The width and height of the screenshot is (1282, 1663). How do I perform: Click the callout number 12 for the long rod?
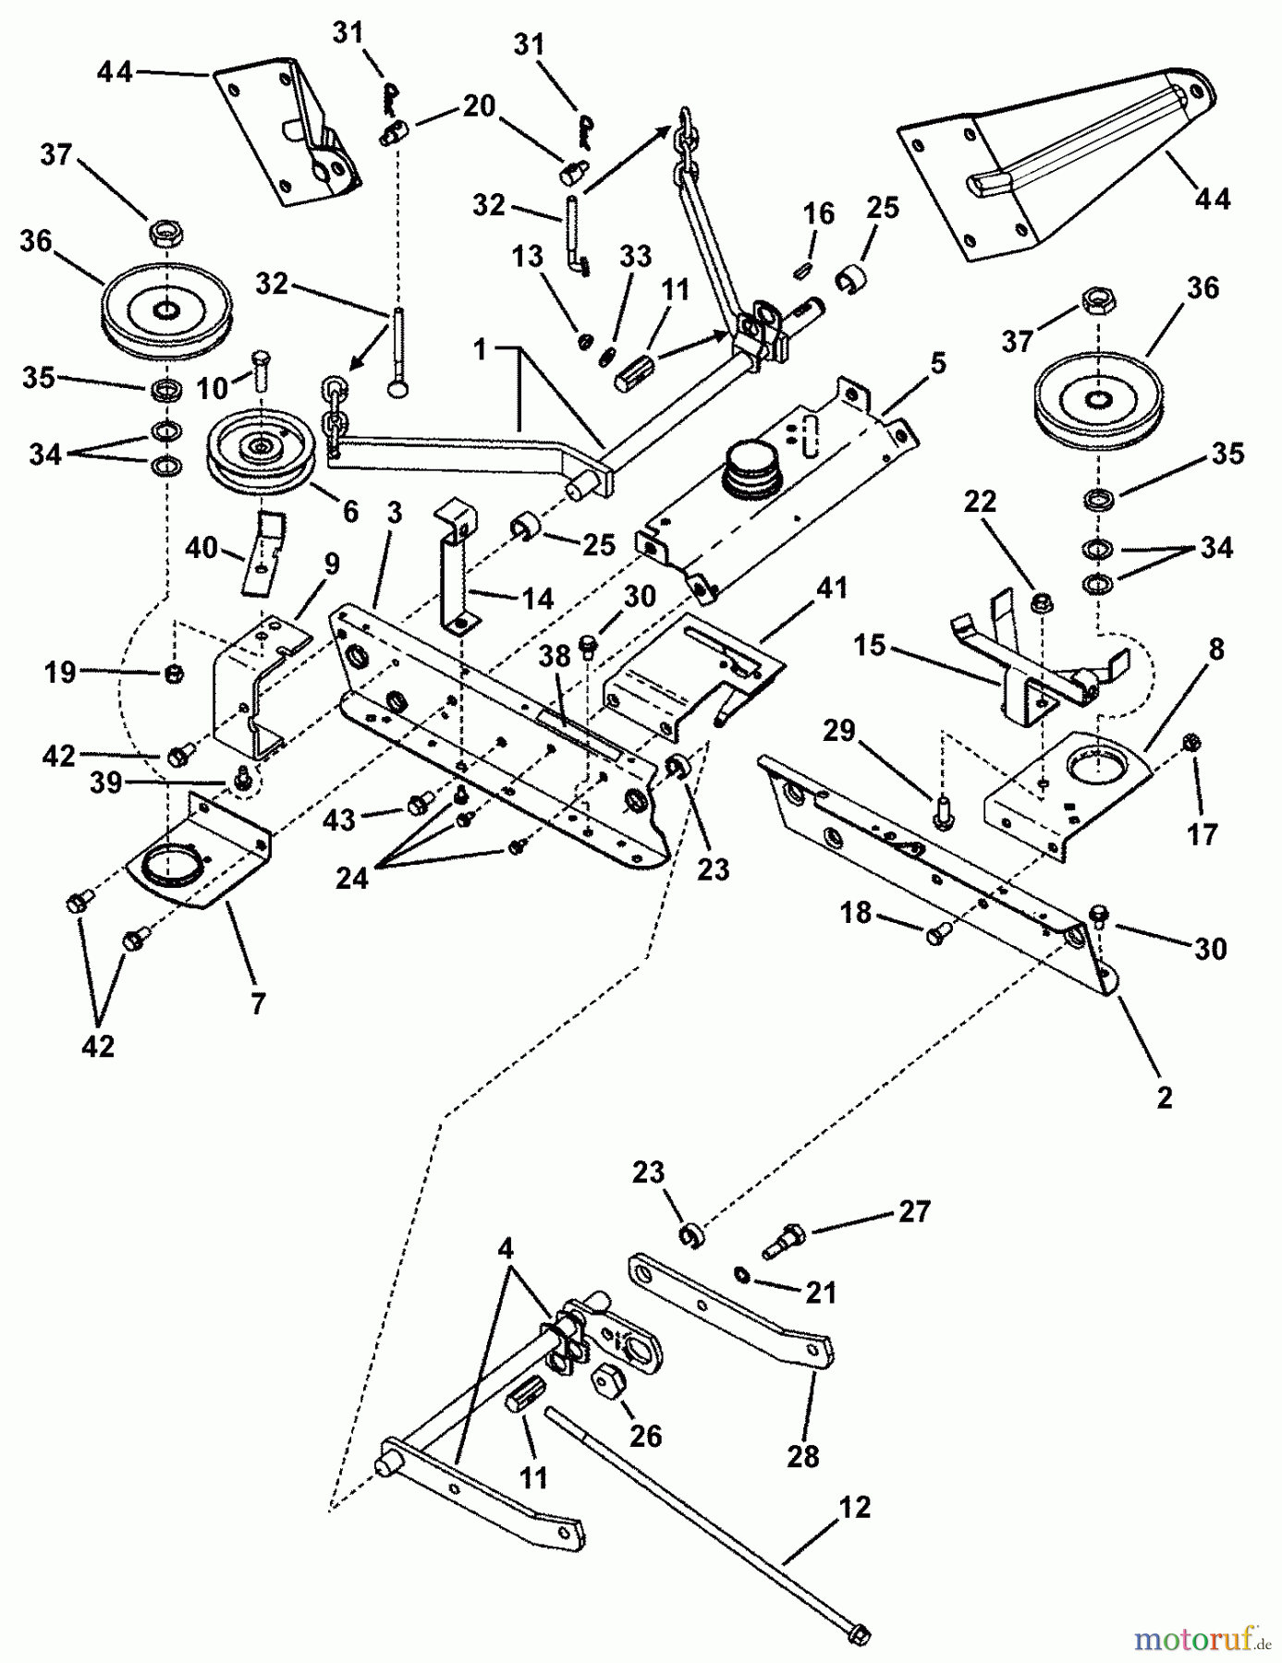(x=856, y=1508)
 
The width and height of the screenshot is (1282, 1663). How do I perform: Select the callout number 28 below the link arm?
(x=802, y=1456)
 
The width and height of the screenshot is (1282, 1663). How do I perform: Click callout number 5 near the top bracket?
(x=938, y=363)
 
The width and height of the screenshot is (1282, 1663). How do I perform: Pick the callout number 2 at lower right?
(x=1164, y=1097)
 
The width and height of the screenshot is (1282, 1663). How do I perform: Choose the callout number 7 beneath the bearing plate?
(x=258, y=1002)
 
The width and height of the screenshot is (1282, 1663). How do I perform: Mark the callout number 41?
(x=833, y=589)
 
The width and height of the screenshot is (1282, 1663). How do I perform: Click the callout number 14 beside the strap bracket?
(x=536, y=598)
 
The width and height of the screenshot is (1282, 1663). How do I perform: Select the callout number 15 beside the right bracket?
(x=869, y=645)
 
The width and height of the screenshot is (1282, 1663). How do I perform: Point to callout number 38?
(x=555, y=656)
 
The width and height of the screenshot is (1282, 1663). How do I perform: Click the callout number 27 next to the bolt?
(x=914, y=1211)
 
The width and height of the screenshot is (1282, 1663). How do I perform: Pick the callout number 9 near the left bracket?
(x=331, y=564)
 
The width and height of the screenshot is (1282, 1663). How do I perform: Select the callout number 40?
(x=201, y=548)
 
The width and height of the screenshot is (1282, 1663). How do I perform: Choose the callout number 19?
(x=60, y=672)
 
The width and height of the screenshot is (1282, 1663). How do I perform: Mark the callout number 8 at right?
(x=1215, y=649)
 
